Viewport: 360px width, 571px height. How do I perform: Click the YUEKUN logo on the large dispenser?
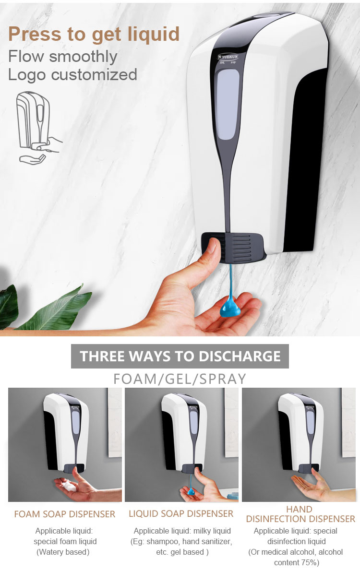[228, 57]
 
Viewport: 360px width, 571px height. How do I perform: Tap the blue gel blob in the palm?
[230, 307]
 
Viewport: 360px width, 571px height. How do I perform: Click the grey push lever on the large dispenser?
[233, 247]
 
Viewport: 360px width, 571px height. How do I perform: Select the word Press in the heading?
[35, 35]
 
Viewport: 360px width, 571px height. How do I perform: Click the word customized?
[94, 75]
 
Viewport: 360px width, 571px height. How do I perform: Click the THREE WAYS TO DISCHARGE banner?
[180, 356]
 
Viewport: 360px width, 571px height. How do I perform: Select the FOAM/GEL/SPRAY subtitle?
[180, 379]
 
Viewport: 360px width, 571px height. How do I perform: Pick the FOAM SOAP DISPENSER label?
[65, 514]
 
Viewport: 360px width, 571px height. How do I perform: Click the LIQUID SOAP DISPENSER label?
[181, 514]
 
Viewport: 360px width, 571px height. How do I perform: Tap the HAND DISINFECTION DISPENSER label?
[300, 514]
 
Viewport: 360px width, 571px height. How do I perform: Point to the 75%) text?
[310, 563]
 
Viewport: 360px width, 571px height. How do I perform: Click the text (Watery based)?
[63, 552]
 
